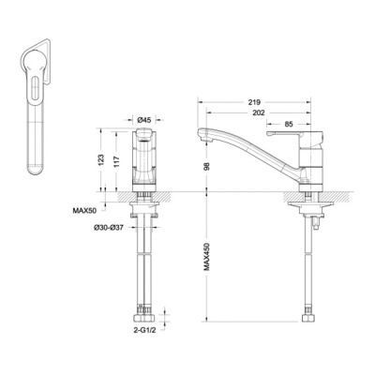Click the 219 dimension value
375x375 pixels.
[255, 102]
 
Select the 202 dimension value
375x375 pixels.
[258, 112]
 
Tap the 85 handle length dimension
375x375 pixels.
[289, 124]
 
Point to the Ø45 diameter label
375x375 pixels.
[144, 119]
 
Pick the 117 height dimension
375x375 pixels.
[116, 161]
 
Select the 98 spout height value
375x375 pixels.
[206, 166]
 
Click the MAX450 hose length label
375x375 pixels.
[206, 257]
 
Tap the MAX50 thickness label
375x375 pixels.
[84, 210]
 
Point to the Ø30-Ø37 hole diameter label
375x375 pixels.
[109, 228]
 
